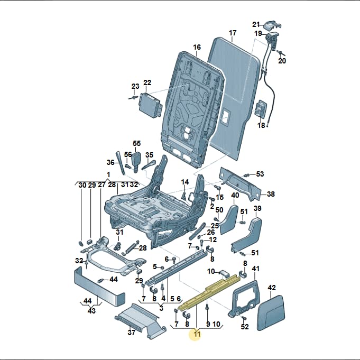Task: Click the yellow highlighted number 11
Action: point(197,334)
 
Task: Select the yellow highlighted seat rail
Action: point(209,291)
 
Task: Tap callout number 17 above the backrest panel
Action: point(233,33)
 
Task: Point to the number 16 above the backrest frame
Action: point(197,47)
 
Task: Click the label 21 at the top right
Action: point(256,24)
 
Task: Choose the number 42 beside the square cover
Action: point(272,288)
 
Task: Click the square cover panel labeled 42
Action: point(271,313)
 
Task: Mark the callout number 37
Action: point(131,332)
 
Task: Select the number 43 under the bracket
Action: point(91,311)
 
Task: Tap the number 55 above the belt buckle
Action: point(136,143)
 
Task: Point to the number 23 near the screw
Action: point(135,86)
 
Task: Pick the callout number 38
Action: point(271,194)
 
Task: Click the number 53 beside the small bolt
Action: point(260,174)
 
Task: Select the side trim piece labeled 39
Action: point(247,235)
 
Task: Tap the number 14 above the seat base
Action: point(185,182)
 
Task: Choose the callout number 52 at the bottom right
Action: point(245,326)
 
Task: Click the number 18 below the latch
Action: point(261,125)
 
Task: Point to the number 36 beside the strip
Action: point(110,162)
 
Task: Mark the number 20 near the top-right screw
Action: point(282,61)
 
